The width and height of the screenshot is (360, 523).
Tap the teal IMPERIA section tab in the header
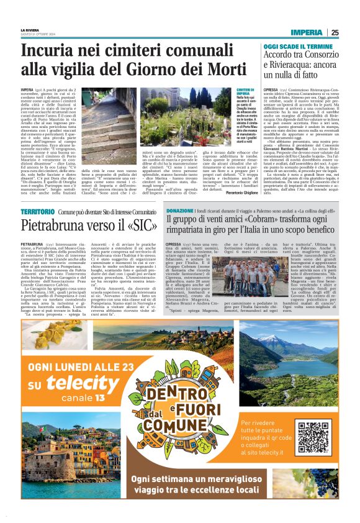point(308,33)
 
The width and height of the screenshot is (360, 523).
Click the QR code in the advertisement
point(313,437)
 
